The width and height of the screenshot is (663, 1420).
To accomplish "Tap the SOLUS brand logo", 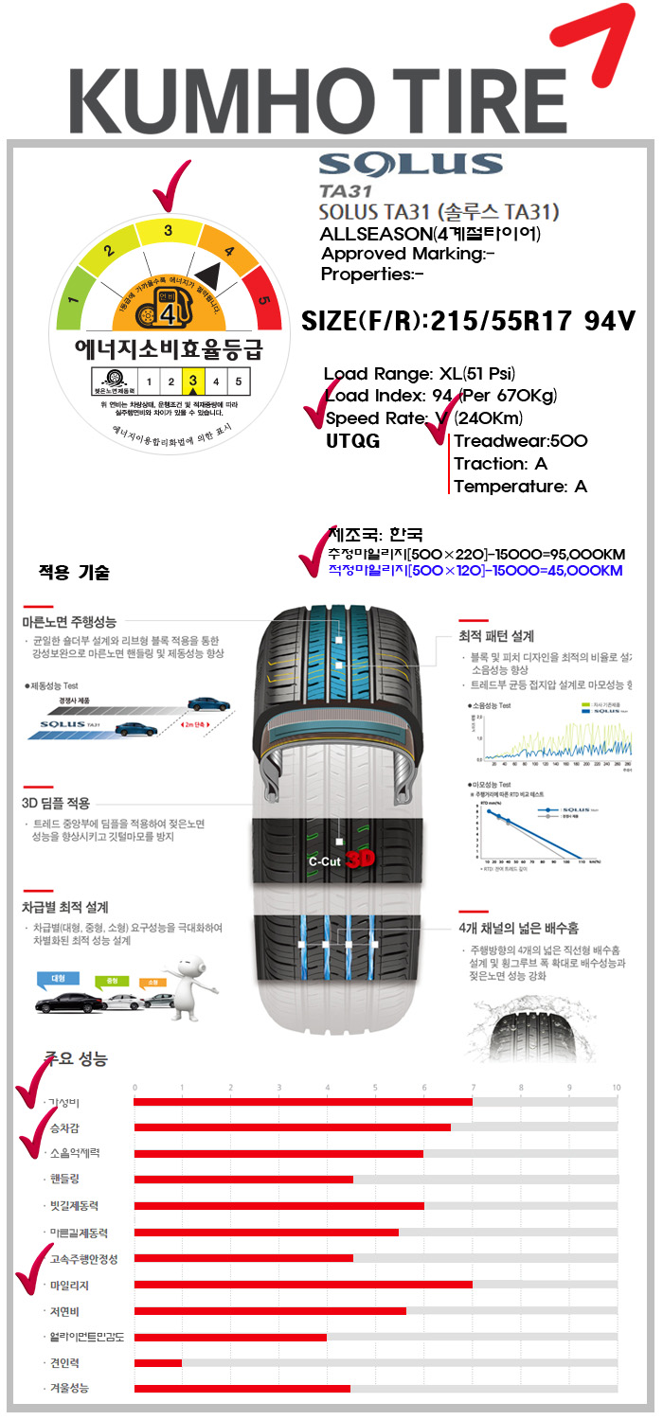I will click(411, 165).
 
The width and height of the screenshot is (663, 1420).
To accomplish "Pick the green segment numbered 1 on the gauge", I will click(73, 305).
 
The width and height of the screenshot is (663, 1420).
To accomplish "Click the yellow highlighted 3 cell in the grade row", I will click(193, 382).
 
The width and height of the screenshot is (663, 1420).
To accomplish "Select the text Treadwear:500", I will click(521, 441).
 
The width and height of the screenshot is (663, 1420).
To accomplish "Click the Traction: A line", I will click(500, 464).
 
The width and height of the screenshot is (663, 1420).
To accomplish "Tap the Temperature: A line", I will click(520, 487).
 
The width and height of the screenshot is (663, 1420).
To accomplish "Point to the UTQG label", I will click(353, 440).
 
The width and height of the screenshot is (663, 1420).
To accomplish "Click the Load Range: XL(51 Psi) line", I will click(420, 374).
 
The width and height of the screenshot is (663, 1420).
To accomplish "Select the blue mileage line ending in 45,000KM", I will click(475, 570).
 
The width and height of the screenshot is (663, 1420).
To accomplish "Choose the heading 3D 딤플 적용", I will click(56, 803).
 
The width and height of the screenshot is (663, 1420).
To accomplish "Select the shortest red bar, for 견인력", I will click(158, 1362).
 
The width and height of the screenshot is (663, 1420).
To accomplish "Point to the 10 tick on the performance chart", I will click(617, 1087).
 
